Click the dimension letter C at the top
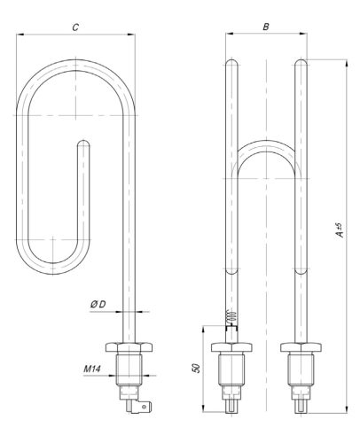[x=76, y=27]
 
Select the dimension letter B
[x=265, y=27]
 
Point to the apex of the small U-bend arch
[x=265, y=143]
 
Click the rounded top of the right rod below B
[x=301, y=63]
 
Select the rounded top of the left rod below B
[x=230, y=63]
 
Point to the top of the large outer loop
[x=76, y=63]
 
